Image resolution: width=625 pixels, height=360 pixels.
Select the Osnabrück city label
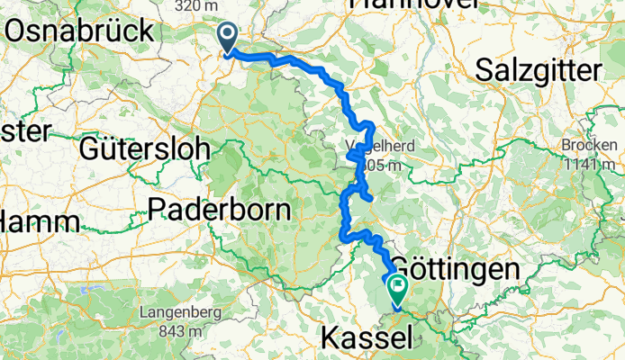click(80, 30)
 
